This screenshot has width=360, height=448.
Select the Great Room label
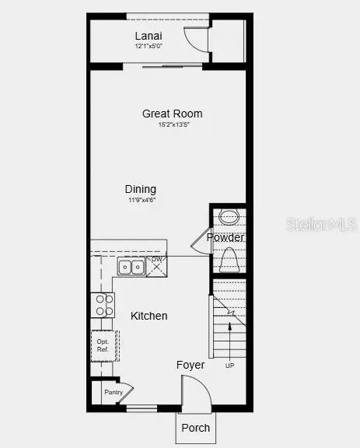pos(166,114)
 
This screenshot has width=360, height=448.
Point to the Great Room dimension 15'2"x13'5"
pos(166,124)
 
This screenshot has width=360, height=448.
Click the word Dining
pos(141,189)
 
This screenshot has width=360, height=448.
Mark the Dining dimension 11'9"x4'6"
pos(142,200)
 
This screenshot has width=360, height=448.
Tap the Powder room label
pos(225,237)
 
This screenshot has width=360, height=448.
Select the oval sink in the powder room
pos(229,217)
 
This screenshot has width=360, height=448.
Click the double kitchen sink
pos(131,268)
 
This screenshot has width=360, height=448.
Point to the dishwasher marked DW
pos(156,264)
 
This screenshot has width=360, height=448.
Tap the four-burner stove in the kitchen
pos(103,304)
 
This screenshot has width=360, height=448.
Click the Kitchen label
pos(149,316)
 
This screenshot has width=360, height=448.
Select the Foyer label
pos(190,365)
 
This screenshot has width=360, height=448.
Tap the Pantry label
pos(113,394)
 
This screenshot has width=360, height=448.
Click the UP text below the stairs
pos(229,365)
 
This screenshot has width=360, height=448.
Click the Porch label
pos(195,428)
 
